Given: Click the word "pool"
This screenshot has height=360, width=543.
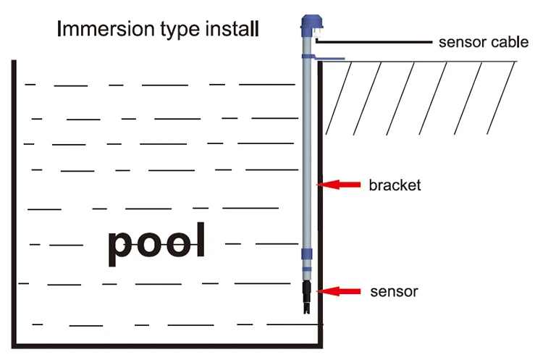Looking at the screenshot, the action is pyautogui.click(x=156, y=243).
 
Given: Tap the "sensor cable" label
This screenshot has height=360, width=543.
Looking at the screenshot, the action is pyautogui.click(x=484, y=42).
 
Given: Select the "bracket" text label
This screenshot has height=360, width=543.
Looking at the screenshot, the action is pyautogui.click(x=395, y=185).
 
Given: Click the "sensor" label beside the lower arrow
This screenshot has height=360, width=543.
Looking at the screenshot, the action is pyautogui.click(x=394, y=292).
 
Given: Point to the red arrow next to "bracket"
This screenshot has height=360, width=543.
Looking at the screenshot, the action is pyautogui.click(x=338, y=185).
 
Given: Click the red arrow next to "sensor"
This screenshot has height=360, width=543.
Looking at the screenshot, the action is pyautogui.click(x=338, y=291).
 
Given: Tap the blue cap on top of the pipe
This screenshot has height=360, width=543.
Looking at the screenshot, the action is pyautogui.click(x=311, y=22).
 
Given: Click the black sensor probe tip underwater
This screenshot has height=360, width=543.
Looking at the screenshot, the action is pyautogui.click(x=307, y=297).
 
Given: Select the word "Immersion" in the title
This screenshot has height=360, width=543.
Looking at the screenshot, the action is pyautogui.click(x=106, y=28).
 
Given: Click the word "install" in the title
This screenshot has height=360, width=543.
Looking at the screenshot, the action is pyautogui.click(x=232, y=28).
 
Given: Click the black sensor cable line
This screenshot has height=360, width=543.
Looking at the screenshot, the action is pyautogui.click(x=374, y=42).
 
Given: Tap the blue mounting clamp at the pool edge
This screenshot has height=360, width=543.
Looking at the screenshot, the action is pyautogui.click(x=323, y=57).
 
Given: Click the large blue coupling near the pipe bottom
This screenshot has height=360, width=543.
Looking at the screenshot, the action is pyautogui.click(x=307, y=254).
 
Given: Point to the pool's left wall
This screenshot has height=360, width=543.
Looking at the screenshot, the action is pyautogui.click(x=14, y=204).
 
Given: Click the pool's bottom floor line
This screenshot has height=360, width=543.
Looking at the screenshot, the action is pyautogui.click(x=167, y=346).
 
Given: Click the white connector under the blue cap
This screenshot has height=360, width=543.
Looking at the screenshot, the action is pyautogui.click(x=318, y=33).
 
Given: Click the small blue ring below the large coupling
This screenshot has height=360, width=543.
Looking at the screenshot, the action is pyautogui.click(x=307, y=269).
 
